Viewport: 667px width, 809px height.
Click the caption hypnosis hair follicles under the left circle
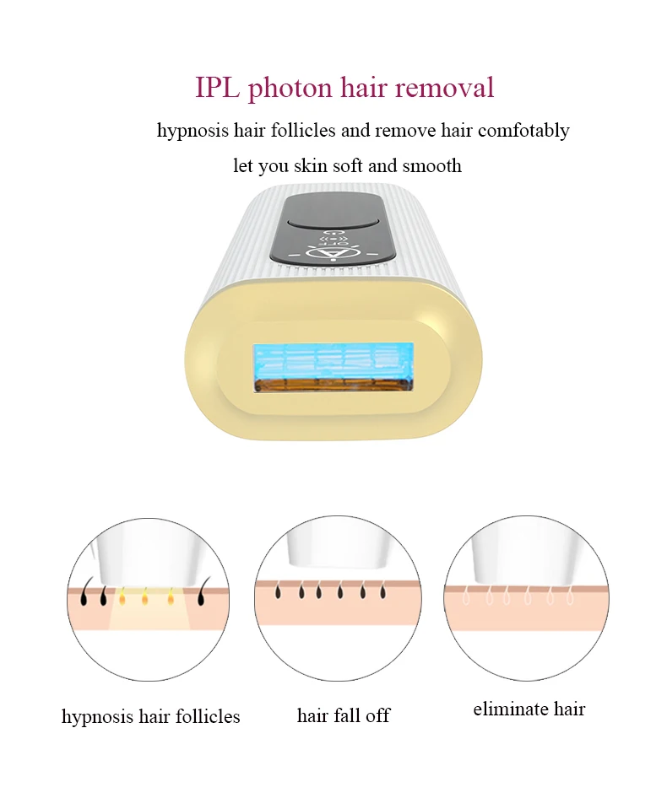tap(150, 717)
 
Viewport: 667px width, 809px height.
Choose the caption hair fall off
tap(344, 716)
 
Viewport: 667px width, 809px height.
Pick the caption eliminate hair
tap(529, 709)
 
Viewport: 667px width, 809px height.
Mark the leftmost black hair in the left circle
tap(85, 597)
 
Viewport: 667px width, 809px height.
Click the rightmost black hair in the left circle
tap(202, 597)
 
